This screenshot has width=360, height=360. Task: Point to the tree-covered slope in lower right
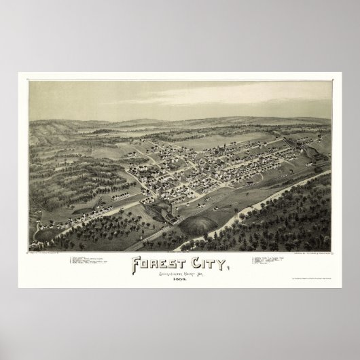(285, 217)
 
